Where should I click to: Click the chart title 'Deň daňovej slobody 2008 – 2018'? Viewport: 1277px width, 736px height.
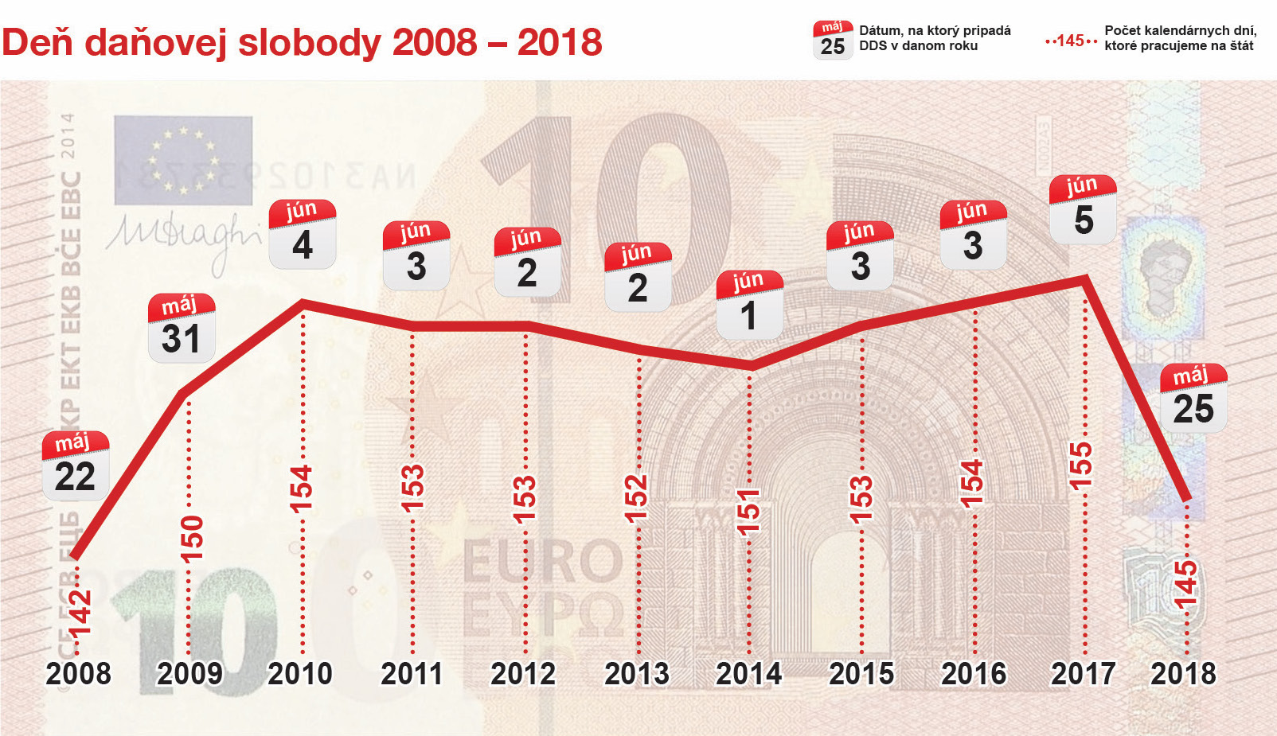coord(302,42)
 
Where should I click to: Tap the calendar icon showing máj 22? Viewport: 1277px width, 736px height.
coord(75,465)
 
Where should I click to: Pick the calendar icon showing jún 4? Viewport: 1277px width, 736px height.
coord(302,234)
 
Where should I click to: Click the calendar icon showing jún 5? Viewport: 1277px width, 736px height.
coord(1083,209)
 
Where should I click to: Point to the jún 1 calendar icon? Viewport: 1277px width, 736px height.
coord(749,305)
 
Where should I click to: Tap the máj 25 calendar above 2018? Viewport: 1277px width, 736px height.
coord(1193,398)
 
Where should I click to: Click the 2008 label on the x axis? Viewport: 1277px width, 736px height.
coord(78,674)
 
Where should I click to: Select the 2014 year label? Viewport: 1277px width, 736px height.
coord(748,674)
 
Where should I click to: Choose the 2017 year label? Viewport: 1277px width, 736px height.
coord(1083,674)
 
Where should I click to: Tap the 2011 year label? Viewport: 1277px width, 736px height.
coord(412,674)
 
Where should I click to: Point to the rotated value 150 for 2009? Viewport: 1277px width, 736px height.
coord(192,539)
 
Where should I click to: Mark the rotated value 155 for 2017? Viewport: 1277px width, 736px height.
coord(1080,466)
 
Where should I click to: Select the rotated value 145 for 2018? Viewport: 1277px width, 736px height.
coord(1185,584)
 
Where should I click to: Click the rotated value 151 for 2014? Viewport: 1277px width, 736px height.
coord(748,512)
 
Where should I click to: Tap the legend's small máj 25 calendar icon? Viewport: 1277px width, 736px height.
coord(833,40)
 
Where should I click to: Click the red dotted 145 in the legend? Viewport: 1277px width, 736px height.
coord(1071,41)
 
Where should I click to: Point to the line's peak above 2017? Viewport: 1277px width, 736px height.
coord(1084,278)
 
